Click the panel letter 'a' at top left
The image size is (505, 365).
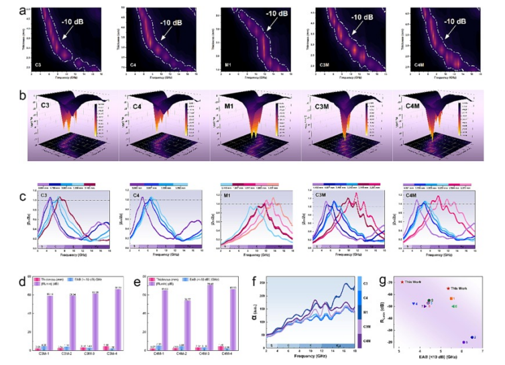[22, 10]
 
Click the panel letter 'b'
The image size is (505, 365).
[23, 95]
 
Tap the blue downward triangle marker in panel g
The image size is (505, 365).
[414, 304]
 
